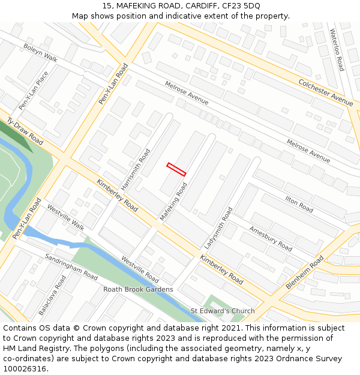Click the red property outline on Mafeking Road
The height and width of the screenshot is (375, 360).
tap(176, 169)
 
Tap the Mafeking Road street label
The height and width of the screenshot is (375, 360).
tap(173, 202)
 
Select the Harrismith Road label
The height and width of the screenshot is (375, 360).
tap(136, 170)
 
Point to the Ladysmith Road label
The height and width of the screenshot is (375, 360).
tap(218, 228)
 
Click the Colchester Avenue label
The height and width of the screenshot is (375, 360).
tap(326, 92)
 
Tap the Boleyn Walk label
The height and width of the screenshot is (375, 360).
tap(40, 52)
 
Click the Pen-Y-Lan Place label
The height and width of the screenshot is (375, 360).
tap(33, 91)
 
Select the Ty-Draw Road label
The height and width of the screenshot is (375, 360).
tap(25, 131)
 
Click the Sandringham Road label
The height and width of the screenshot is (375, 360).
tap(71, 267)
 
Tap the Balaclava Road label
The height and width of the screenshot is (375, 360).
tap(52, 296)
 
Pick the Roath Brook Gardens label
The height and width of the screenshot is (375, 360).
tap(138, 289)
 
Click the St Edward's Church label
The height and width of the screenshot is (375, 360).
tap(223, 311)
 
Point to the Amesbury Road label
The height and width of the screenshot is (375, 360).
tap(271, 239)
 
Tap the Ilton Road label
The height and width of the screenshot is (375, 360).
tap(299, 205)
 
